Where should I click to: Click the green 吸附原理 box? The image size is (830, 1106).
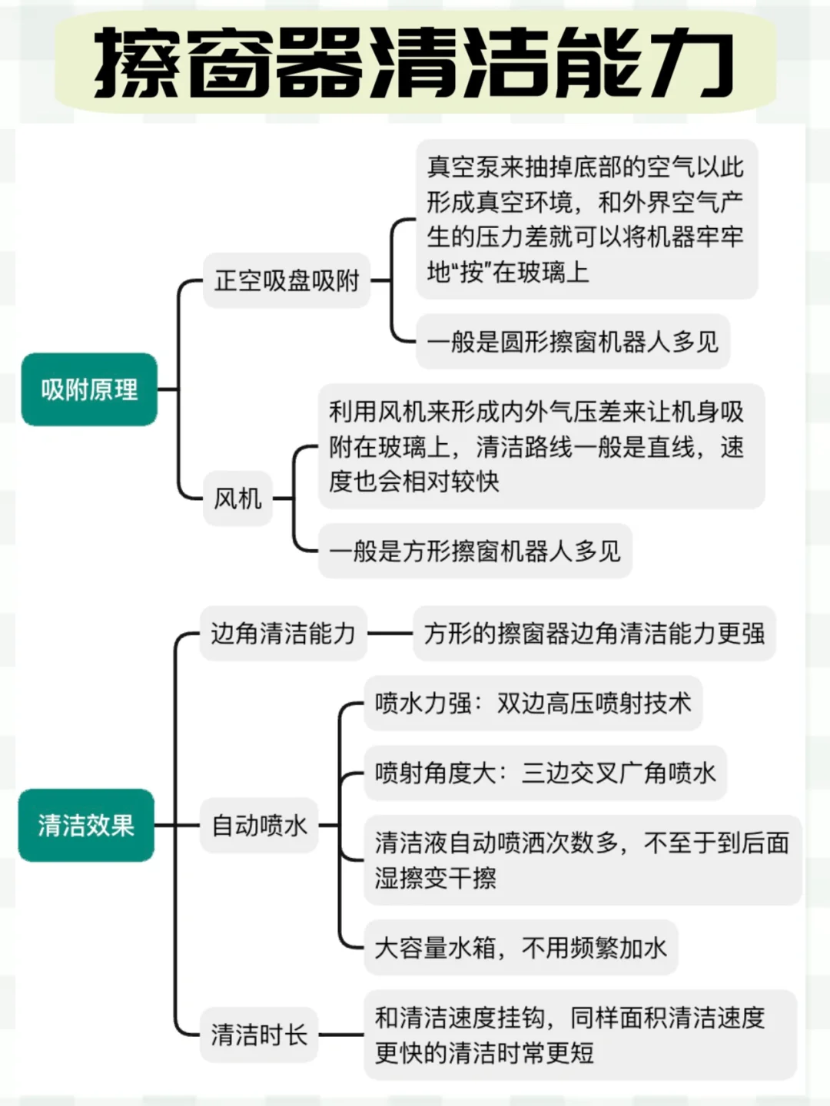(x=89, y=389)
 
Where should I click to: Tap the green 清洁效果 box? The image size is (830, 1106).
(x=86, y=825)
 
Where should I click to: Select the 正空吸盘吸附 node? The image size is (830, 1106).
(x=287, y=280)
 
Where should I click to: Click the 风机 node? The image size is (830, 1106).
(x=237, y=498)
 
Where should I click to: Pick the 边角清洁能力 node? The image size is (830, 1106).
(x=283, y=634)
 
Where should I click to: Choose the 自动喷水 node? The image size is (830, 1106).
(x=259, y=826)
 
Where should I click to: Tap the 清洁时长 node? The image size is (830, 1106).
(x=259, y=1035)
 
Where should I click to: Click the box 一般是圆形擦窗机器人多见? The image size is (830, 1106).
(x=573, y=341)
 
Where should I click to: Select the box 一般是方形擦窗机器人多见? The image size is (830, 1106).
(x=475, y=551)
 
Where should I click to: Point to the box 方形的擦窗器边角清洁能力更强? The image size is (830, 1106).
(x=594, y=634)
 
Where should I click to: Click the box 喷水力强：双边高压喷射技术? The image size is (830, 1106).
(x=533, y=703)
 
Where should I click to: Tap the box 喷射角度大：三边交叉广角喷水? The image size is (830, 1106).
(x=545, y=773)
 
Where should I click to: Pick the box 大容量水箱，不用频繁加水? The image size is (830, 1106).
(x=520, y=948)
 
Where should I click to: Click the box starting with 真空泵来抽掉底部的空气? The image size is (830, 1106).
(x=586, y=220)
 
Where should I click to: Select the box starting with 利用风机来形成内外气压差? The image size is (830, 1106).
(x=540, y=446)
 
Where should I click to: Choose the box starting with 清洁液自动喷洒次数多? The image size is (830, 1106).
(x=582, y=860)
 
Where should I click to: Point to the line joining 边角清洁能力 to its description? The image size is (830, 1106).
(x=390, y=634)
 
